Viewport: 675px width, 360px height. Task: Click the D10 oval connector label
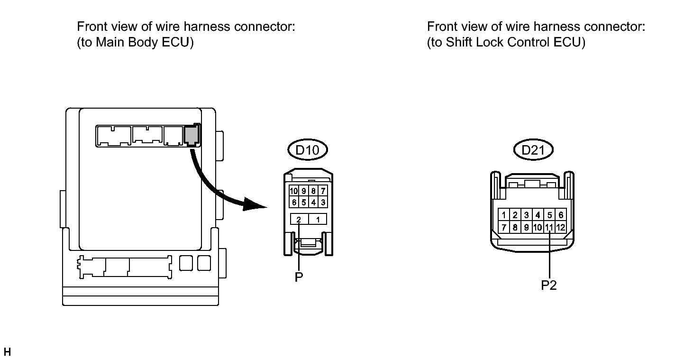[x=307, y=150]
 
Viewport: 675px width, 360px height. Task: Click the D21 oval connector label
[x=533, y=150]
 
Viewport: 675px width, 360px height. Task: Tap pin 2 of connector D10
[x=299, y=219]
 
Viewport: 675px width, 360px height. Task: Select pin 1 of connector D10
[x=318, y=219]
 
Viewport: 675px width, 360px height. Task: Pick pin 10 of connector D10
[x=293, y=191]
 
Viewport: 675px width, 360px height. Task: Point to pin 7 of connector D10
[x=323, y=191]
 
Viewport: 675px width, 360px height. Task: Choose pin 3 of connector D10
[x=323, y=202]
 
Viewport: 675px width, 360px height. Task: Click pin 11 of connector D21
[x=549, y=227]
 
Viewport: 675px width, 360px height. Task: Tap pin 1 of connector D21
[x=503, y=215]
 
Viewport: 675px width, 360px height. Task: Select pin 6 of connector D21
[x=561, y=215]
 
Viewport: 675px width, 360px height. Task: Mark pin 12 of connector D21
[x=561, y=227]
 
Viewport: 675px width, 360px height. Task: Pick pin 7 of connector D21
[x=503, y=227]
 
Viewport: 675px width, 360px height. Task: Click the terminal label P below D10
[x=299, y=277]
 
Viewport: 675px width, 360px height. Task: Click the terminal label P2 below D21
[x=549, y=285]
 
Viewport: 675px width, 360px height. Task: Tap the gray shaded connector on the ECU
[x=191, y=135]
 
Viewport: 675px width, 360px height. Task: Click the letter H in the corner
[x=7, y=352]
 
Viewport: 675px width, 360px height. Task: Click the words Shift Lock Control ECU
[x=513, y=42]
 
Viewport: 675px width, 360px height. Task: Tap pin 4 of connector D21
[x=538, y=215]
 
